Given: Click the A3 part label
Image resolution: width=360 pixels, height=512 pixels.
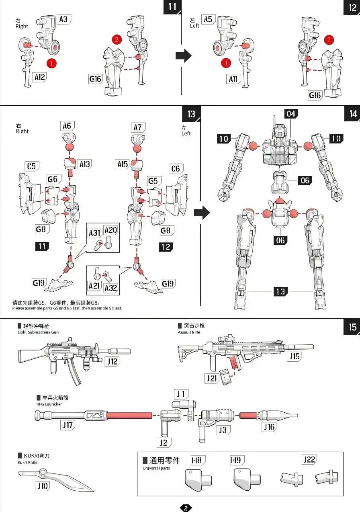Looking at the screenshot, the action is point(63,19).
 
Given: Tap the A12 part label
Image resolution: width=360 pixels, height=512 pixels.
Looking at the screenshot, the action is point(39,77).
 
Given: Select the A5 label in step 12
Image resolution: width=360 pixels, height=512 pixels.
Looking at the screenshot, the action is point(208,19).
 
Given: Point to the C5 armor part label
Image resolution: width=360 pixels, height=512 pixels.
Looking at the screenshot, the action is point(32,166).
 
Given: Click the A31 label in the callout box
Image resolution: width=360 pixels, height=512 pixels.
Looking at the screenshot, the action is point(95,233).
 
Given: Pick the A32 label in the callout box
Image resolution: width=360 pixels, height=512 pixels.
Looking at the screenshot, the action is point(111,288).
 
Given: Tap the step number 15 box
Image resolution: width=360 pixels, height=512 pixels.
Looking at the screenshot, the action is point(352,327).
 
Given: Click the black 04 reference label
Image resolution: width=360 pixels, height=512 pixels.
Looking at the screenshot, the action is point(291,114).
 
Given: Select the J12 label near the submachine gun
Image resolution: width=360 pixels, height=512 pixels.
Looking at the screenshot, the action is point(112,361).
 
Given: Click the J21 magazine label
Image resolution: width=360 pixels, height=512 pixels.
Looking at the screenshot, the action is point(212,379).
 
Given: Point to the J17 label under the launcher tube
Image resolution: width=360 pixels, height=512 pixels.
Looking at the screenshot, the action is point(68,425).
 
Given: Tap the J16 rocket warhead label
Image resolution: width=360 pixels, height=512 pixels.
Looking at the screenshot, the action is point(269,426).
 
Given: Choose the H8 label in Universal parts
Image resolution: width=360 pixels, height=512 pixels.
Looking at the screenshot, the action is point(198,460).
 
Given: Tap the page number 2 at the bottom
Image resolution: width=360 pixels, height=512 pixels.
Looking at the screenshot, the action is point(186,508).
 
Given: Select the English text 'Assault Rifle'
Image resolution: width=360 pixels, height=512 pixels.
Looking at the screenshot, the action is point(189,332).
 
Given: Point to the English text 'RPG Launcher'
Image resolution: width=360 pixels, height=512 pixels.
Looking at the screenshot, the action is point(49,404).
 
